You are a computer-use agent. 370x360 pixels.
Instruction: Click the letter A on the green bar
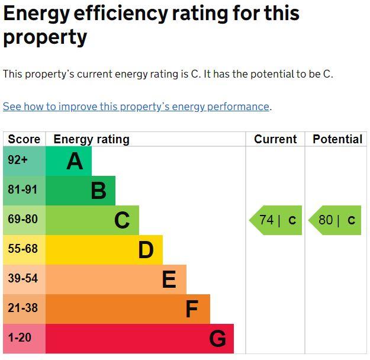tap(75, 161)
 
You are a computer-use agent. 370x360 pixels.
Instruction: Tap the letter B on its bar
tap(98, 191)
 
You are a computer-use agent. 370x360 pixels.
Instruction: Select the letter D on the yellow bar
tap(146, 250)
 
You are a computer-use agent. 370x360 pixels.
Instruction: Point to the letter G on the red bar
tap(217, 339)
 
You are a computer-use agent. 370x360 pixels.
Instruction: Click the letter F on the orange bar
tap(192, 309)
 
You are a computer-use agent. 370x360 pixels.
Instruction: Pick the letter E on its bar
tap(169, 279)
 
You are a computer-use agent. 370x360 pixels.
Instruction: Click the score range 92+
tap(18, 160)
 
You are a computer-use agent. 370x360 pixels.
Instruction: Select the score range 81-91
tap(22, 190)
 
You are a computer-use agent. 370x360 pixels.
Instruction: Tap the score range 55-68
tap(22, 249)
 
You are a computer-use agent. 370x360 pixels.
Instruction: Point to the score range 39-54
tap(22, 279)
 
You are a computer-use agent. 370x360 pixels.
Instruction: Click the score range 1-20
tap(20, 338)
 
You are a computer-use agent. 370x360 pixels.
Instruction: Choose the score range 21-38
tap(22, 308)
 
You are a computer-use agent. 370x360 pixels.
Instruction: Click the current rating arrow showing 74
tap(275, 220)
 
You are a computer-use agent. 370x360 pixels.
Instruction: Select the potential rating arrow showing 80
tap(334, 220)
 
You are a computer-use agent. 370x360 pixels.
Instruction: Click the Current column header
tap(275, 139)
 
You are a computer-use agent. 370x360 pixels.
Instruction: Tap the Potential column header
tap(337, 139)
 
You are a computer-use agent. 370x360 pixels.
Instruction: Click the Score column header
tap(24, 139)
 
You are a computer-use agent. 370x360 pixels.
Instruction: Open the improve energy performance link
tap(136, 107)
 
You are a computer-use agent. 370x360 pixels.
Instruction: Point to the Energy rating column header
tap(91, 139)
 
